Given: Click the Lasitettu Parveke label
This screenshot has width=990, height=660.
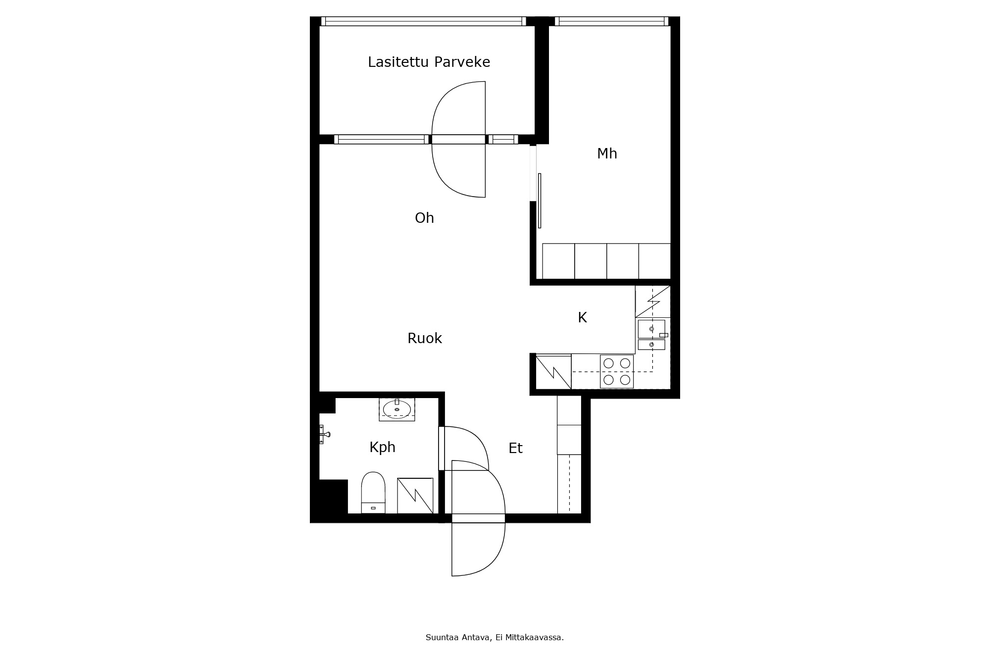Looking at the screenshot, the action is point(429,62).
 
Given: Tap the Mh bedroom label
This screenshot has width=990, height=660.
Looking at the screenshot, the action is point(607,153).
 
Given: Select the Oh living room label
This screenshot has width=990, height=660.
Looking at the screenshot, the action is point(424,218).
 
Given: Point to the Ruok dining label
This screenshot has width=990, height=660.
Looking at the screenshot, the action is point(424,338).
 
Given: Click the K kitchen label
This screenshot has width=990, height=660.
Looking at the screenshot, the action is point(582,317).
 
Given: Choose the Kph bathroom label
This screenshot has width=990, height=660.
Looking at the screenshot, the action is point(382,448).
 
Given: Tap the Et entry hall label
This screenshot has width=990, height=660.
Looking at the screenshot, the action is point(515,448).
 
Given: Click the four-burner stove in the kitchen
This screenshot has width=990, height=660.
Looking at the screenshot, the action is point(617,371).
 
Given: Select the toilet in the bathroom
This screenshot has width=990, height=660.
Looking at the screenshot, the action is point(373,493).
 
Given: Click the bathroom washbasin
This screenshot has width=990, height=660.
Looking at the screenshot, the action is point(397,409).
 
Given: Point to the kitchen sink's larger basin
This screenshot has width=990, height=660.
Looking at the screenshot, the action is point(651,329).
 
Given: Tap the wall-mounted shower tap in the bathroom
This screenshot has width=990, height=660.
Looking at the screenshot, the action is point(324,434).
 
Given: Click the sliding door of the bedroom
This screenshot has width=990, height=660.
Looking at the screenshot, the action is point(540,201).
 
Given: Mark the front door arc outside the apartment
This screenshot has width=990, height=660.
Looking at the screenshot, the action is point(495,559).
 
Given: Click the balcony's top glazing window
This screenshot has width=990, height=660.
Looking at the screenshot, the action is point(423,21).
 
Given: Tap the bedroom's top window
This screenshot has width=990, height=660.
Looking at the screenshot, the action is point(611,21).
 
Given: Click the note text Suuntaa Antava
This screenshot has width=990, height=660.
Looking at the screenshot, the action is point(458,638).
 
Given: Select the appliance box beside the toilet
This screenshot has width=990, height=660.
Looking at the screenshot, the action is point(415,496).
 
